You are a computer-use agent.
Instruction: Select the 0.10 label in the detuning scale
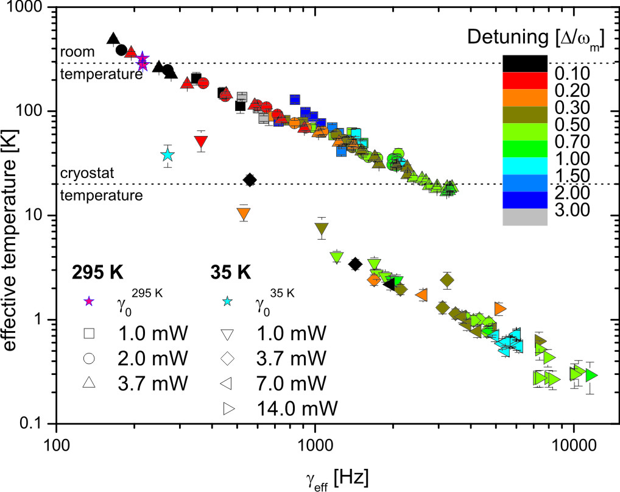[x=573, y=74]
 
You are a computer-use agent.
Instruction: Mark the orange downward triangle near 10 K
[x=244, y=213]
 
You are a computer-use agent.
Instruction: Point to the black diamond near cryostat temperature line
[x=249, y=180]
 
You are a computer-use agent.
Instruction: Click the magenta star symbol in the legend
[x=89, y=301]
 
